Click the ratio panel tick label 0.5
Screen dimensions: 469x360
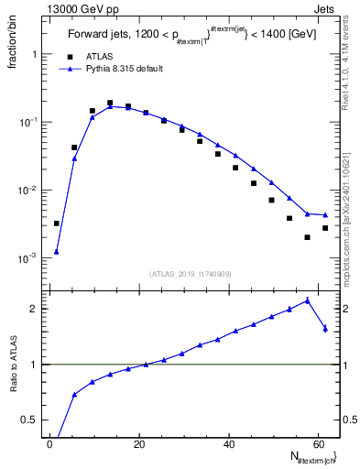pyautogui.click(x=31, y=420)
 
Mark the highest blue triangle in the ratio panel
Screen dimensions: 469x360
pyautogui.click(x=307, y=300)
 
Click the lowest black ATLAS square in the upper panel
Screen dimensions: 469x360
pyautogui.click(x=307, y=237)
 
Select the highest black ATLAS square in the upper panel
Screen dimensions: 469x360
pyautogui.click(x=110, y=104)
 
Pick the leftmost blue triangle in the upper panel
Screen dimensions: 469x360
pyautogui.click(x=57, y=251)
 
